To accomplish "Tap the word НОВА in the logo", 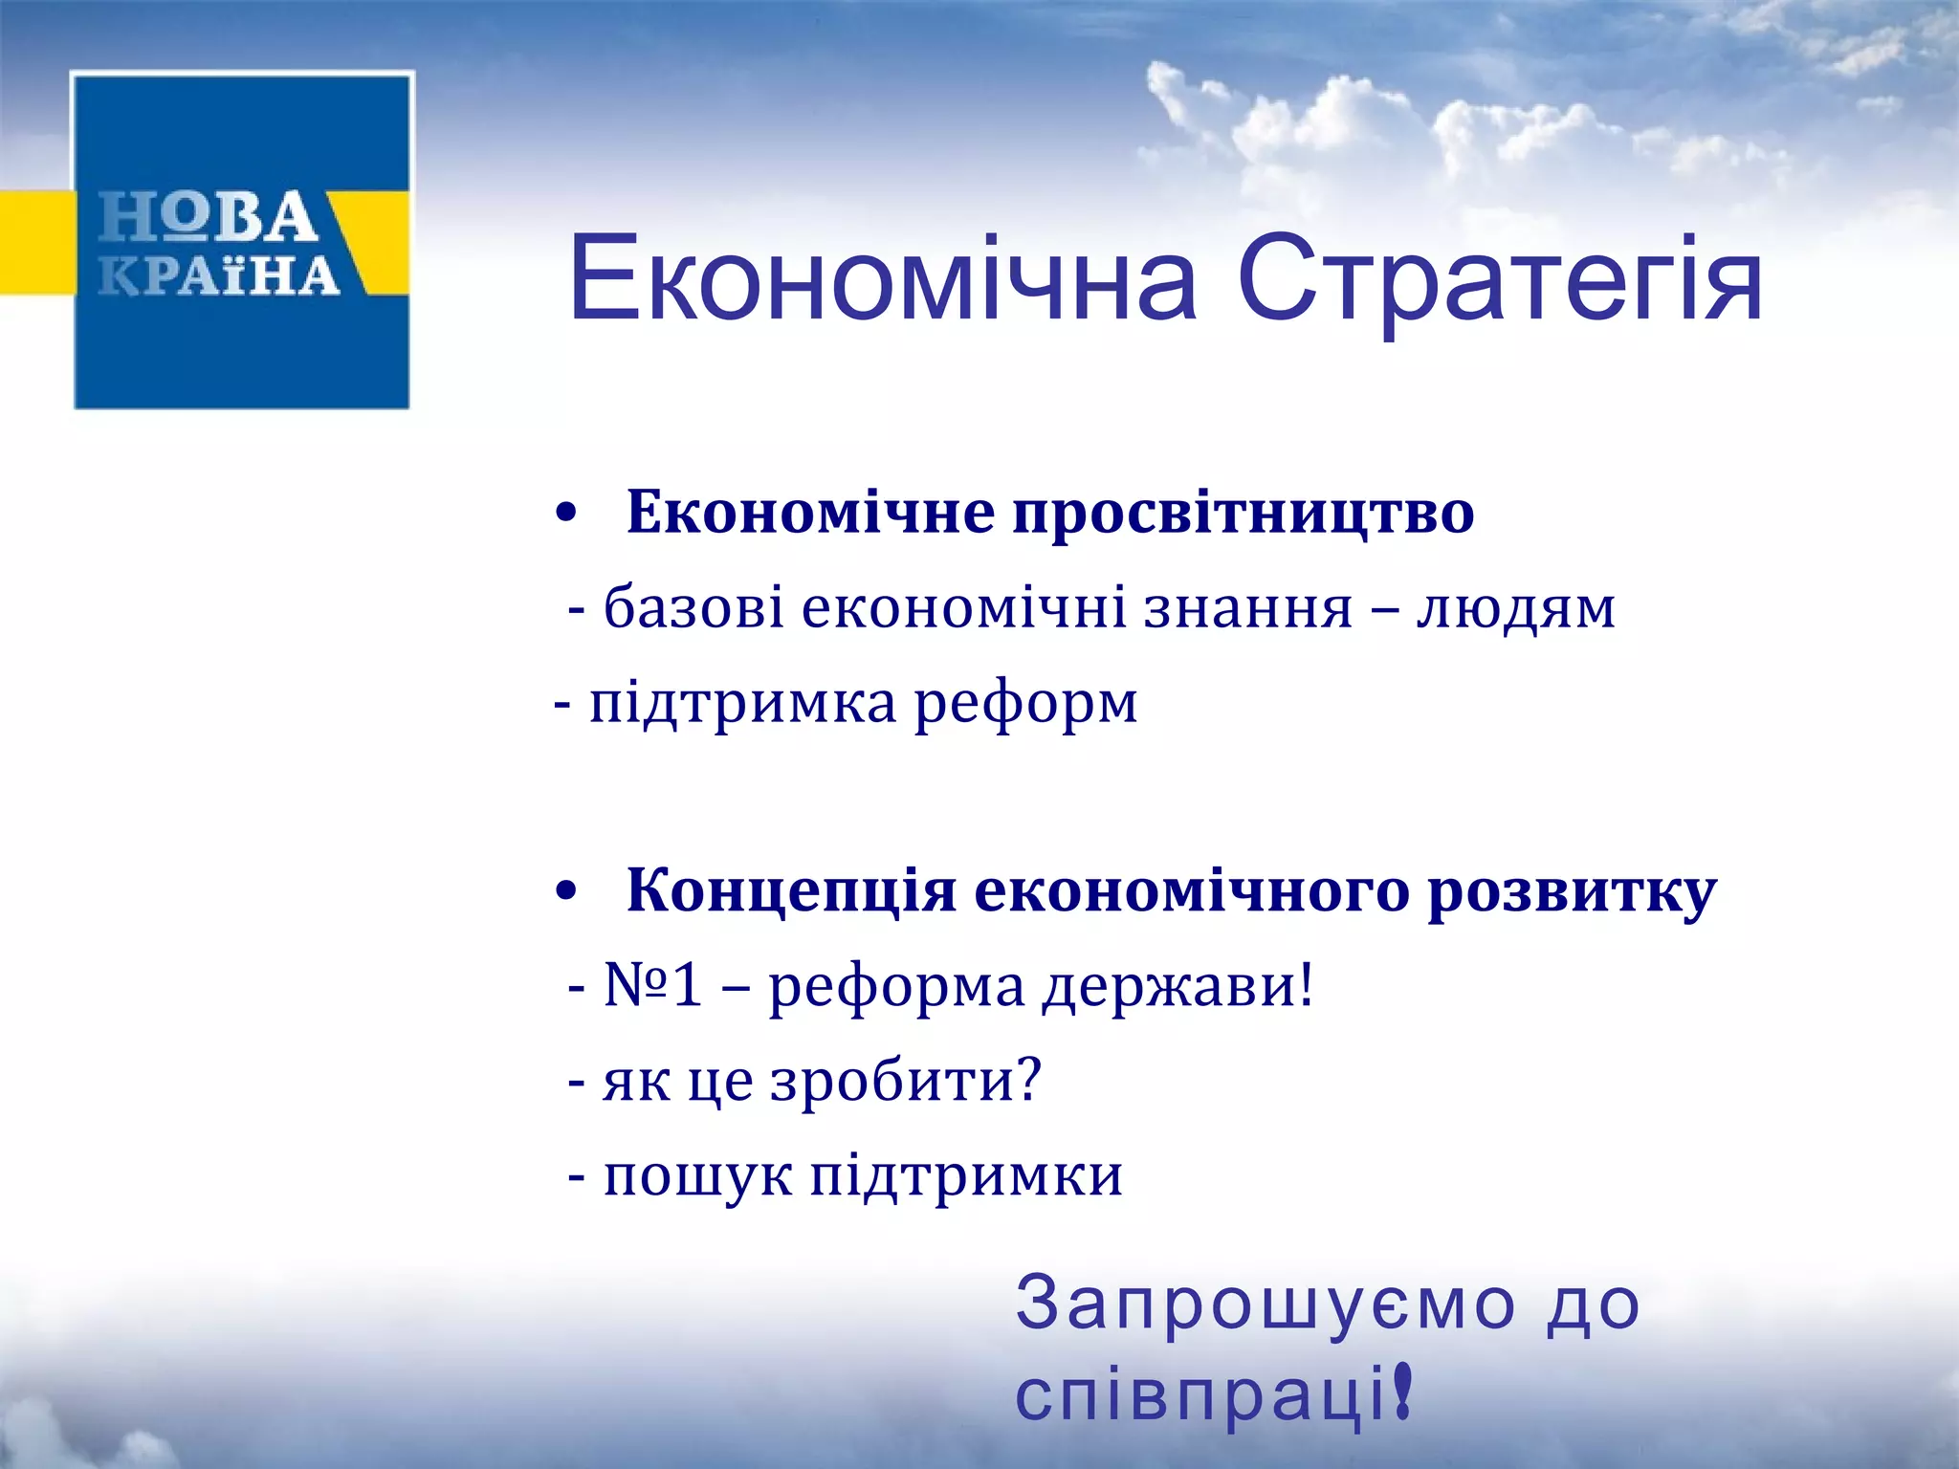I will click(208, 217).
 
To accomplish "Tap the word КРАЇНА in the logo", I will click(219, 275).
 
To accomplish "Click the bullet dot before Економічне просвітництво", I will click(566, 514).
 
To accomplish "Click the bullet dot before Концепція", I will click(566, 892).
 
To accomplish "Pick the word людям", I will click(1515, 609).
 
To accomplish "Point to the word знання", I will click(1248, 608).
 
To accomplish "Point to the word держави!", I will click(1178, 986).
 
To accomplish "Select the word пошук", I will click(697, 1175).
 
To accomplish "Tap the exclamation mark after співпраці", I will click(1402, 1392).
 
